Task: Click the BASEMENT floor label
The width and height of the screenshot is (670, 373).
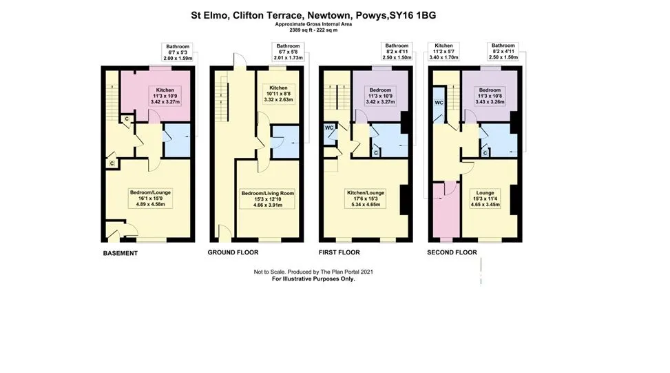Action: tap(121, 253)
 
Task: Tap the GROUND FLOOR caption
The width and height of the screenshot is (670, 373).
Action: tap(233, 253)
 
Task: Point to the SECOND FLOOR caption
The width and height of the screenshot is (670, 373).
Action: tap(452, 252)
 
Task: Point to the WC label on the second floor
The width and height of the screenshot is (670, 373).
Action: tap(439, 103)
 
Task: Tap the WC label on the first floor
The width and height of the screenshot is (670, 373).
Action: tap(328, 128)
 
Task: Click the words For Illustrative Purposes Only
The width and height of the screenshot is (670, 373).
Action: tap(313, 279)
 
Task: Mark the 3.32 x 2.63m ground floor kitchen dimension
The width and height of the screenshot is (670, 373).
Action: tap(278, 100)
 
